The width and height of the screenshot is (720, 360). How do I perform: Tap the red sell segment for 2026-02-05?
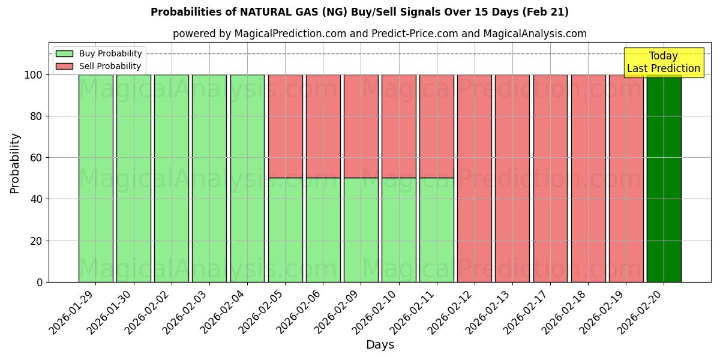[285, 126]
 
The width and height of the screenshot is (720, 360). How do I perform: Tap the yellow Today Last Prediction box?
[663, 62]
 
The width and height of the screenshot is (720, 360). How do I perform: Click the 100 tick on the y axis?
[33, 75]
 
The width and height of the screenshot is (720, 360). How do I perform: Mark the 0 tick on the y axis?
[40, 282]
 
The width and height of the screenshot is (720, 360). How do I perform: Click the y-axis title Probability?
[15, 163]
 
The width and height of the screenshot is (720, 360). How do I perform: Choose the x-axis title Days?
[380, 345]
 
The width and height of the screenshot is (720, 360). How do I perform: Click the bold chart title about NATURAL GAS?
[359, 12]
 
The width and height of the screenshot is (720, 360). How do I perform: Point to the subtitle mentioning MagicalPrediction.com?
[379, 34]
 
